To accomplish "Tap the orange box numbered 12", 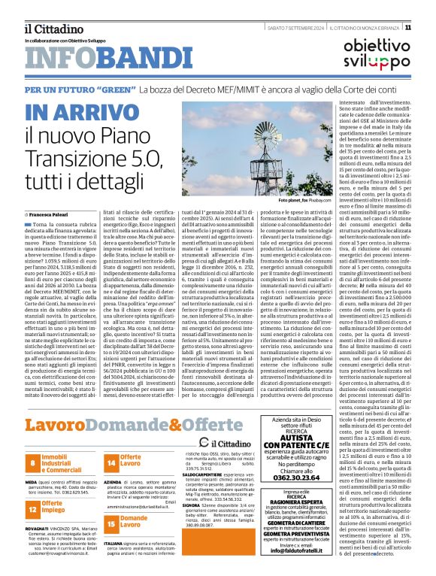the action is [x=35, y=509].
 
